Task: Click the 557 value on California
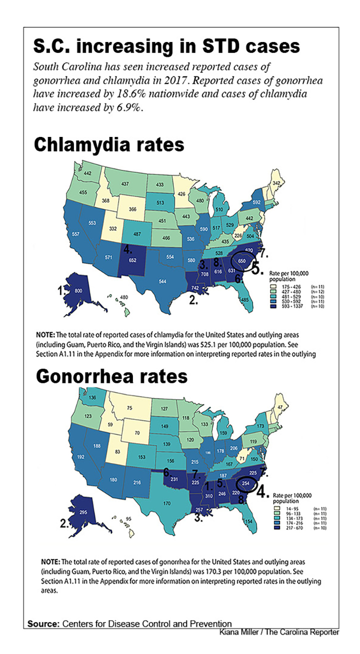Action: [75, 234]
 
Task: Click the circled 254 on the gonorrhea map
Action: [245, 484]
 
